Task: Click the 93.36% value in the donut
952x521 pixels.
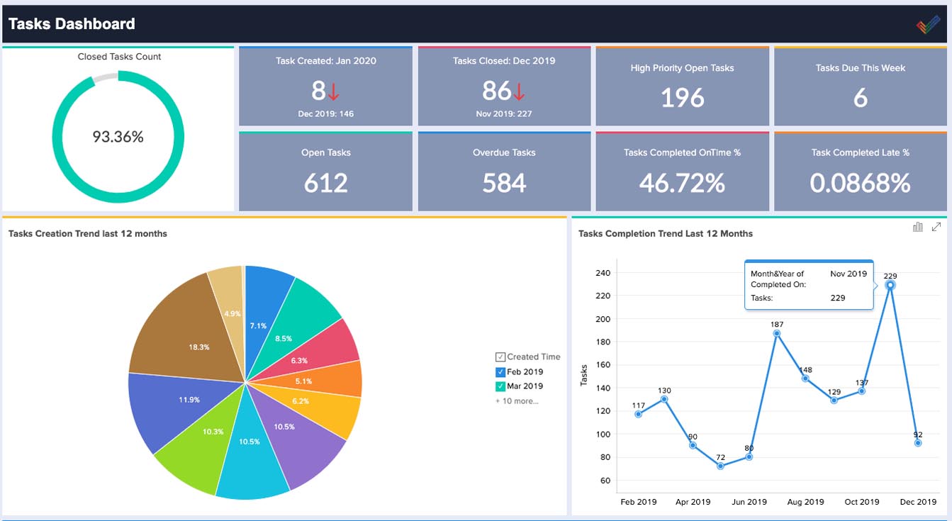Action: point(118,137)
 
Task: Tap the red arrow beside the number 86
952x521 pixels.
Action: point(519,91)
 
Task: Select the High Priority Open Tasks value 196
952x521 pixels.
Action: point(682,98)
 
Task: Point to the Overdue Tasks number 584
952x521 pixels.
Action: point(504,183)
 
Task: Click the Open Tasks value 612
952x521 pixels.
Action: point(325,183)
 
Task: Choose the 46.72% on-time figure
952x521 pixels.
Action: point(682,183)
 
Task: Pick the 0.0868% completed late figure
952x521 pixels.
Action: point(860,183)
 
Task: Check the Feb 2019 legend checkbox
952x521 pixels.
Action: point(500,372)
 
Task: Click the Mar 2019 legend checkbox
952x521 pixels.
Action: point(500,386)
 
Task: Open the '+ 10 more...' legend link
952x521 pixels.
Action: point(517,401)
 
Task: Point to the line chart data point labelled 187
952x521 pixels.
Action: point(776,334)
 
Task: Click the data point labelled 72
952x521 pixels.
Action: point(720,466)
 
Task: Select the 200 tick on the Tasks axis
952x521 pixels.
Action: point(603,319)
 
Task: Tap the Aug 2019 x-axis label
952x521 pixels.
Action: point(805,502)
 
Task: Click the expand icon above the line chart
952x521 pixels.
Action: point(936,227)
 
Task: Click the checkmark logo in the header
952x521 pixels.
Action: point(928,24)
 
